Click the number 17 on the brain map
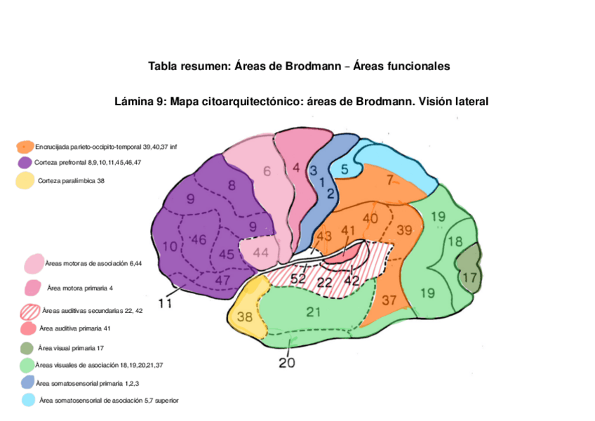click(468, 278)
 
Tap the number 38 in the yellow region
click(244, 317)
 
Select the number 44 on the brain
click(260, 252)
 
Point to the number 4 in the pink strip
click(296, 168)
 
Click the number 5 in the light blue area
click(345, 168)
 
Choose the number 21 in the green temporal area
click(314, 312)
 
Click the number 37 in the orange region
click(389, 300)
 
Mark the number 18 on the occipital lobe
click(455, 241)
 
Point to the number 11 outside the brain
click(166, 303)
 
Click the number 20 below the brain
click(287, 363)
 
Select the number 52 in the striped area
click(297, 279)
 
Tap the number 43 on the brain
click(323, 237)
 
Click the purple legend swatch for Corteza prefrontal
click(25, 163)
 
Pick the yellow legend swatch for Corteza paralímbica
click(25, 181)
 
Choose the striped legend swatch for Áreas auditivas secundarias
click(31, 311)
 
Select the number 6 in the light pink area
click(267, 171)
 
